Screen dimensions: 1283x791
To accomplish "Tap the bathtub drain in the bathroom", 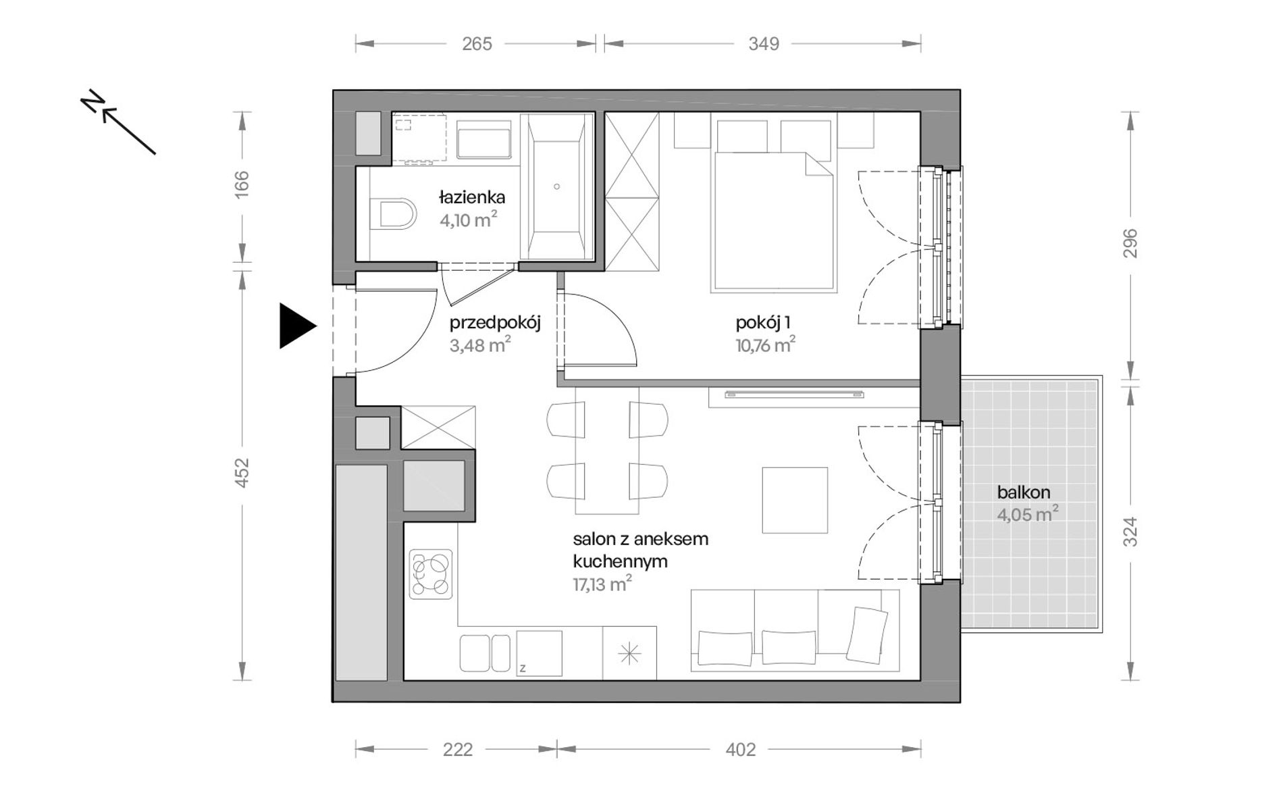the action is [x=557, y=186].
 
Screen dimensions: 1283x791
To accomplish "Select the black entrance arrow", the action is [x=298, y=326].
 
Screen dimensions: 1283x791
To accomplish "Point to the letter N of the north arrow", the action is [x=90, y=103].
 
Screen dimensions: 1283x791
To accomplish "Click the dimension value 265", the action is [x=477, y=44].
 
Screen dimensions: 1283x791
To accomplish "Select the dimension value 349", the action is [x=764, y=44].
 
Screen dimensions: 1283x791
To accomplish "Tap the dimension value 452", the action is [x=242, y=472].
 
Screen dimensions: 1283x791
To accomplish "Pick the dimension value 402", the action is [x=741, y=749].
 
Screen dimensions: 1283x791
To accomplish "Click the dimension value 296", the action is [x=1130, y=243].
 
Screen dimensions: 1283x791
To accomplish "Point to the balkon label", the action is [x=1024, y=492].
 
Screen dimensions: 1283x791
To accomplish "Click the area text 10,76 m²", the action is [x=765, y=345].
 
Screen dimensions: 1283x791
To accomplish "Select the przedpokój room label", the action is [x=495, y=324].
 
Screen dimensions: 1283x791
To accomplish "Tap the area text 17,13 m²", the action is [x=602, y=583].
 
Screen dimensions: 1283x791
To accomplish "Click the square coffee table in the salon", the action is [x=795, y=500].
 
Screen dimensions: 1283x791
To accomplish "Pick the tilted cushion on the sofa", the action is [x=866, y=634].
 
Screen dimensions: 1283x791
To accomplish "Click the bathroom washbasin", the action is [x=483, y=141].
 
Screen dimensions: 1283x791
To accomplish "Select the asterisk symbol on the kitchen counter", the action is [x=629, y=654].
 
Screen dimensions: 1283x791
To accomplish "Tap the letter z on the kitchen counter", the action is [x=523, y=669].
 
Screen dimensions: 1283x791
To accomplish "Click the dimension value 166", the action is [x=242, y=184].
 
